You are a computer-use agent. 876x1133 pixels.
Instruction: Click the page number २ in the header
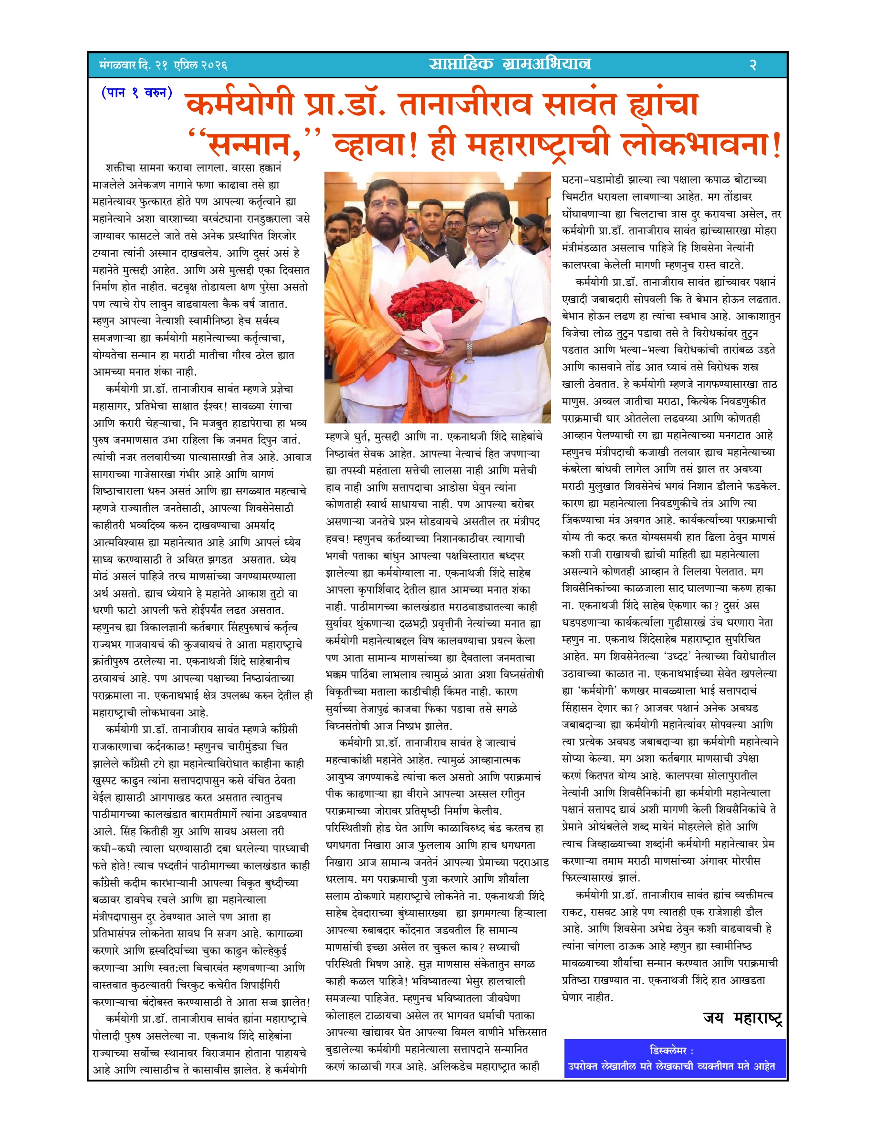752,65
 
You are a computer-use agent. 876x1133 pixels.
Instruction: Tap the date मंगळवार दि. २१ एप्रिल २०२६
163,65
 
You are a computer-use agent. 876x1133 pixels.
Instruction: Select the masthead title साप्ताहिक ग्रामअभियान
510,64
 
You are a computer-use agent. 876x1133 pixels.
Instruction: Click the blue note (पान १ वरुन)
137,93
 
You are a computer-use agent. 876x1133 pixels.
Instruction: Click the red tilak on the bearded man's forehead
385,199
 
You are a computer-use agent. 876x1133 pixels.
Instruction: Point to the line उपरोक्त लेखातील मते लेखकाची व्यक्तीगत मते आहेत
671,1066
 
